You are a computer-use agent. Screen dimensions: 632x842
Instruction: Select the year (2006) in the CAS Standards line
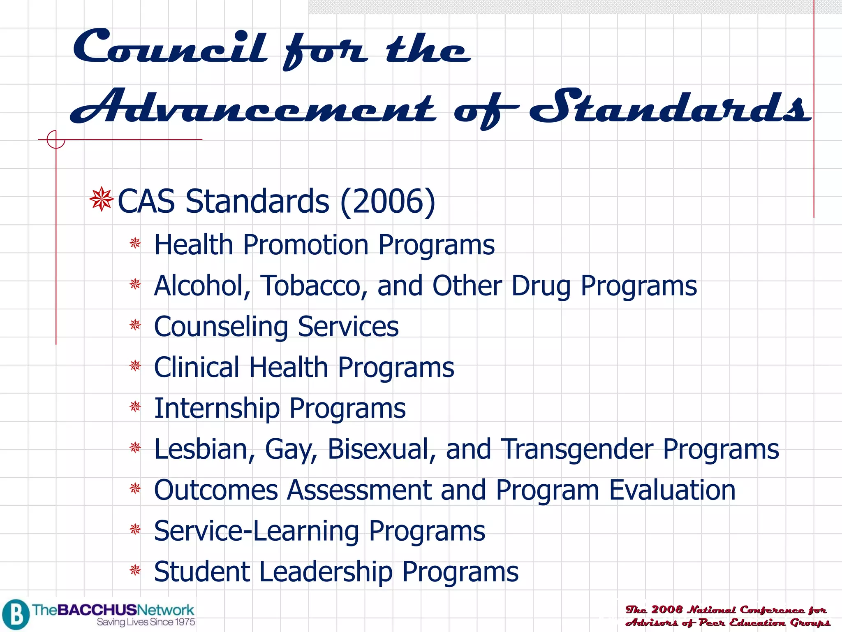point(388,201)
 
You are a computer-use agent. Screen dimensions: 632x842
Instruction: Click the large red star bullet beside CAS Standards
point(101,200)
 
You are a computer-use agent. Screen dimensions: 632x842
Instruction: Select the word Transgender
point(577,449)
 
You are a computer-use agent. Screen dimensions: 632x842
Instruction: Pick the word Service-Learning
point(257,531)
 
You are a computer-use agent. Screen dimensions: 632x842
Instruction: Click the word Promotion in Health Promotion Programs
point(305,245)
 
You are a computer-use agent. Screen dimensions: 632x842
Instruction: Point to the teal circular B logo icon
point(16,615)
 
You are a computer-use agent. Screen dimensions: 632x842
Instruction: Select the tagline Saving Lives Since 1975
point(146,622)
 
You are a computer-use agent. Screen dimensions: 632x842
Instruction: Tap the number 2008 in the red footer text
point(666,609)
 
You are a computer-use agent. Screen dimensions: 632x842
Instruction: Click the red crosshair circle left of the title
point(56,139)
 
